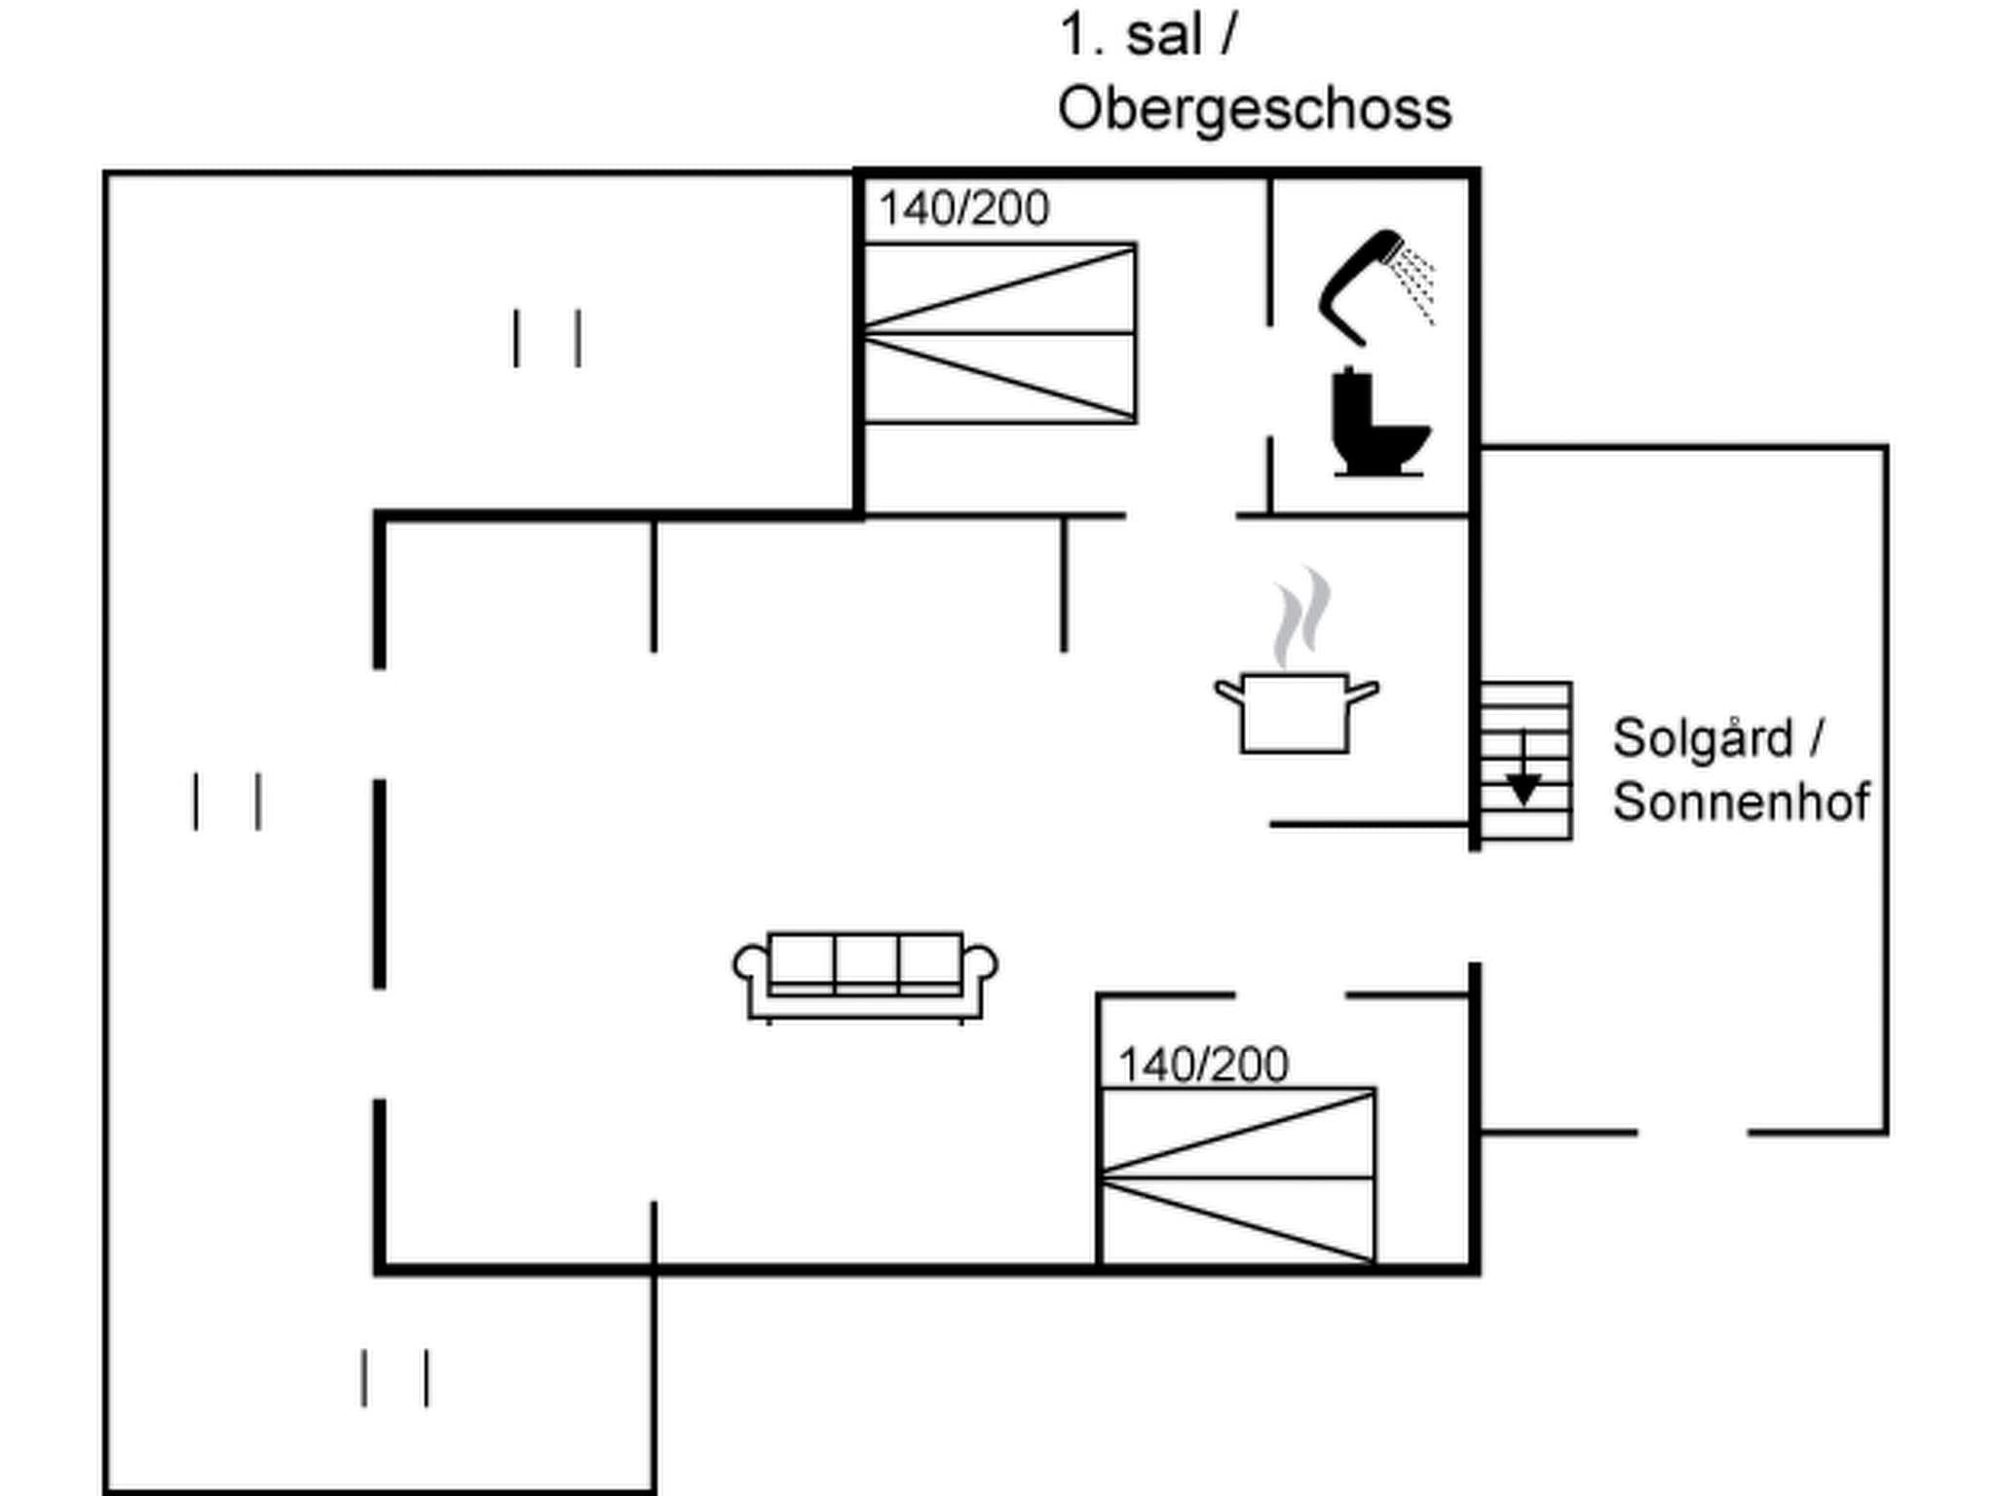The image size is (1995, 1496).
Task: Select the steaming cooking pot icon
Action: pyautogui.click(x=1296, y=711)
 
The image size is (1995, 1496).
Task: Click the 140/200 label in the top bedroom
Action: pyautogui.click(x=963, y=208)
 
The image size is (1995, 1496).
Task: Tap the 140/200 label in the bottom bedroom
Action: pyautogui.click(x=1203, y=1065)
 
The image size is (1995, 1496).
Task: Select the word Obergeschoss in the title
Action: pyautogui.click(x=1255, y=108)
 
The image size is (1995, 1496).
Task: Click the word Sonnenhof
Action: pyautogui.click(x=1741, y=802)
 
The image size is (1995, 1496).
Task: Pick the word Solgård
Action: pyautogui.click(x=1703, y=737)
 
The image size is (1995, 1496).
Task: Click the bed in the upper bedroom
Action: pyautogui.click(x=999, y=333)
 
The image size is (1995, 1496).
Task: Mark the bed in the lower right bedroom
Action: pyautogui.click(x=1238, y=1176)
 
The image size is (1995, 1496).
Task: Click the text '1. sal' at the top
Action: pyautogui.click(x=1130, y=36)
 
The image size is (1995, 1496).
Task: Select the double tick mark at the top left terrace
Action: pyautogui.click(x=547, y=338)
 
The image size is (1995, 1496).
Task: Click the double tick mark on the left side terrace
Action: pyautogui.click(x=227, y=802)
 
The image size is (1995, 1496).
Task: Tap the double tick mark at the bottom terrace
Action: pyautogui.click(x=395, y=1377)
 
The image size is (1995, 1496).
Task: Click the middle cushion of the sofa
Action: pyautogui.click(x=866, y=961)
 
